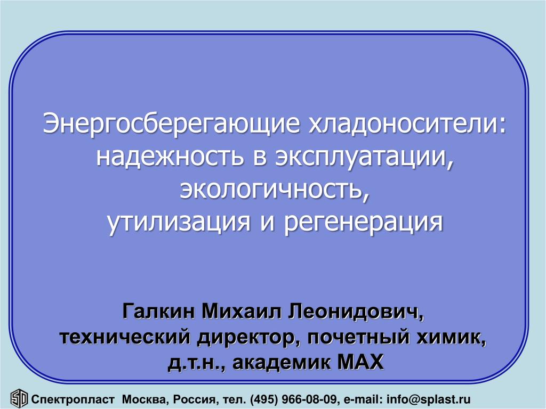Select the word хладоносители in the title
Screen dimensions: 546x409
click(407, 123)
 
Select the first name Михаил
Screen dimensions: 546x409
click(242, 311)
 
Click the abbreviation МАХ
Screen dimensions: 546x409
click(360, 362)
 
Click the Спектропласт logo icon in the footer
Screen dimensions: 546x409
click(19, 398)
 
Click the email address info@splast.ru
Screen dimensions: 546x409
click(428, 399)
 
